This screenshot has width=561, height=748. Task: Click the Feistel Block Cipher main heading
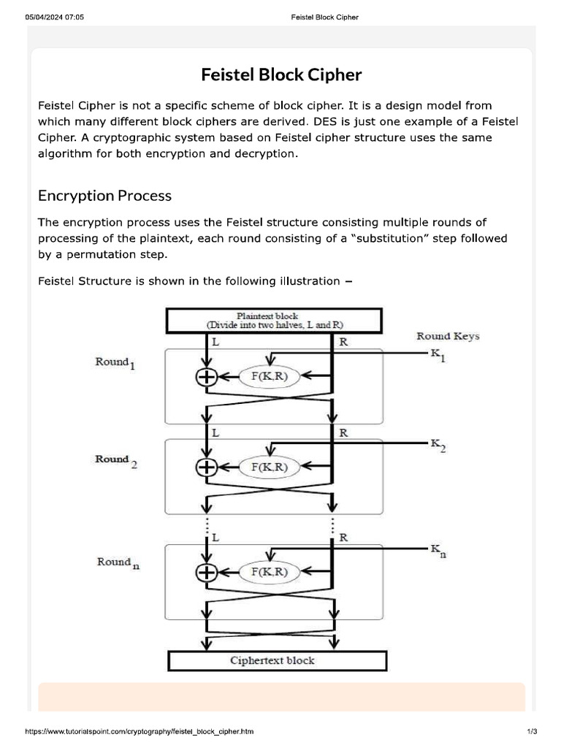coord(281,75)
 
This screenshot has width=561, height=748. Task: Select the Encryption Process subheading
coord(104,196)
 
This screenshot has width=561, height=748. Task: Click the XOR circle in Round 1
coord(207,377)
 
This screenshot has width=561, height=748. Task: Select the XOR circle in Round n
coord(207,573)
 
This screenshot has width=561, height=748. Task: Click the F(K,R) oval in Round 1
coord(270,377)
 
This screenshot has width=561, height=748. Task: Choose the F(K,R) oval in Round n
coord(270,573)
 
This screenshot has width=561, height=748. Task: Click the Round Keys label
coord(448,336)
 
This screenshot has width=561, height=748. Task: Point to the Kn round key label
coord(438,550)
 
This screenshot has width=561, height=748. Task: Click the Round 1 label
coord(115,364)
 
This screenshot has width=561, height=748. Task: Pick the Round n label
coord(118,563)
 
